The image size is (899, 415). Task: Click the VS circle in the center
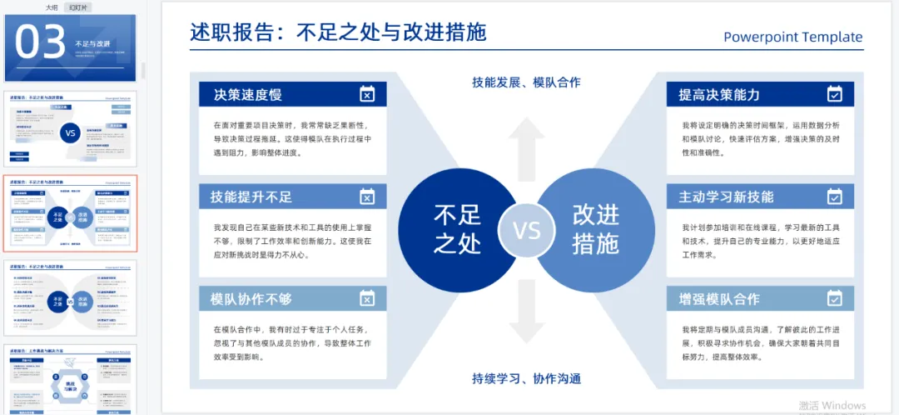point(527,230)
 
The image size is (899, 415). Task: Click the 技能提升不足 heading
point(251,197)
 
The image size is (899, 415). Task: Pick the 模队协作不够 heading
point(251,299)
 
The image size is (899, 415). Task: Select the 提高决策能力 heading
point(719,94)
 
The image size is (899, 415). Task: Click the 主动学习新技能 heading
point(726,197)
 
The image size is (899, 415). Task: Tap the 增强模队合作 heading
point(719,299)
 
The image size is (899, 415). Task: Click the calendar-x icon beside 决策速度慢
point(367,93)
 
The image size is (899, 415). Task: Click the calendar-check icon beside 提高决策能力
point(834,93)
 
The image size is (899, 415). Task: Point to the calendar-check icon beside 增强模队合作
point(834,298)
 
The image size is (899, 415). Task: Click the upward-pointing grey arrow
point(527,148)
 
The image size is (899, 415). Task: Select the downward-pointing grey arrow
point(527,310)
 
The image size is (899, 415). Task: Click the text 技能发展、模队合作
point(526,82)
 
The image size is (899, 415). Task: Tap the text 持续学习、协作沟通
point(526,378)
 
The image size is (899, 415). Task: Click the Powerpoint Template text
point(792,37)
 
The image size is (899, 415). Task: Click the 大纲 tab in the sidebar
point(52,7)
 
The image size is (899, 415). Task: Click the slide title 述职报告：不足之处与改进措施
point(338,32)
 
